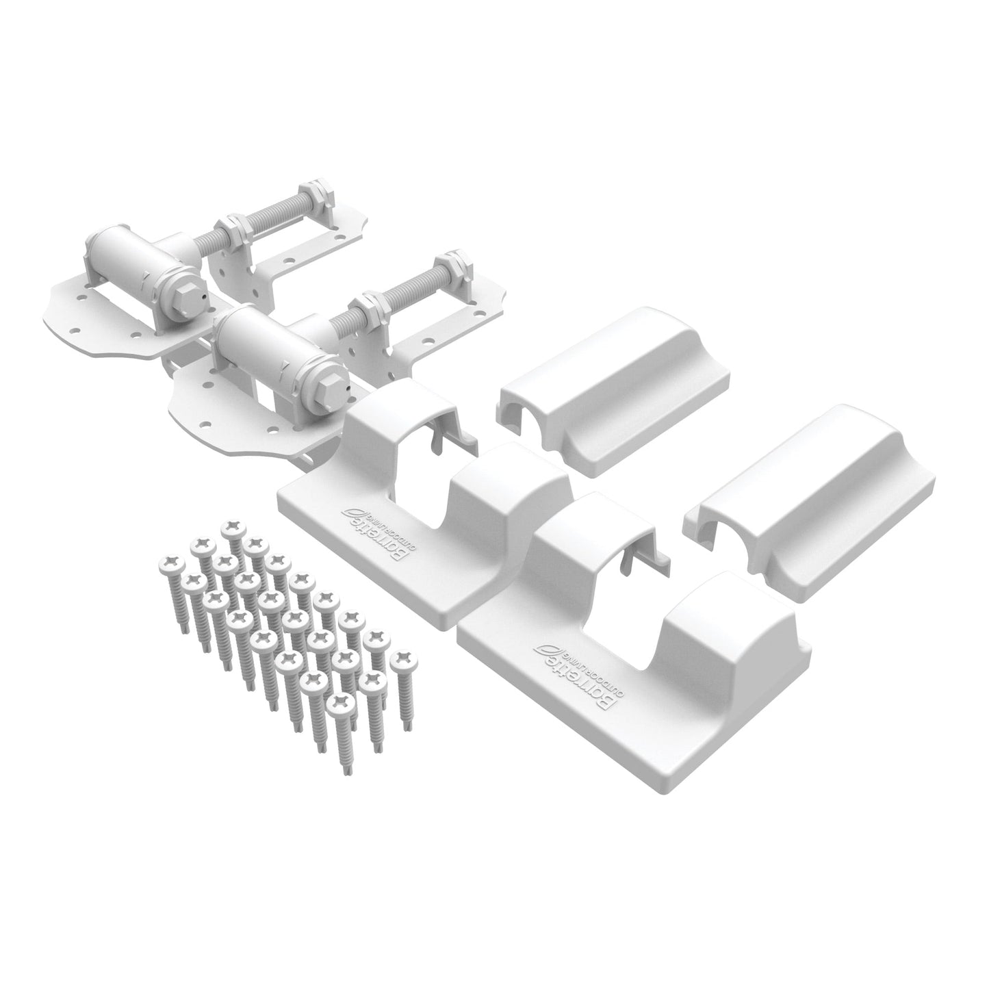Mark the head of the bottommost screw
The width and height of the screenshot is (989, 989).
coord(340,704)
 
